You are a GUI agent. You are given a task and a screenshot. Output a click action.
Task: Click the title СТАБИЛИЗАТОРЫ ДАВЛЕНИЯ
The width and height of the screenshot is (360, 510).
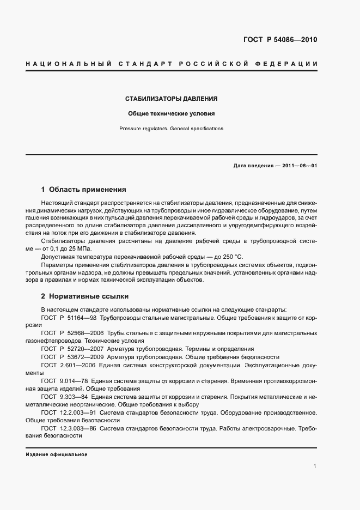[172, 99]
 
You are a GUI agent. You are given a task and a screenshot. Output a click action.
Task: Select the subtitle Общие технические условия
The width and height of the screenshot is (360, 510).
[172, 114]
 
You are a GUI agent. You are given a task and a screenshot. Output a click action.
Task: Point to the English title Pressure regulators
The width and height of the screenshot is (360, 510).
[143, 129]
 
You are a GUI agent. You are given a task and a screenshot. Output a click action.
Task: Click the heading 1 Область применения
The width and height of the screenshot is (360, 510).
[84, 190]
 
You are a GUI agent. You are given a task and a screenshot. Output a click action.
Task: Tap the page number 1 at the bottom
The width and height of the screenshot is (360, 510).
[315, 466]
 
